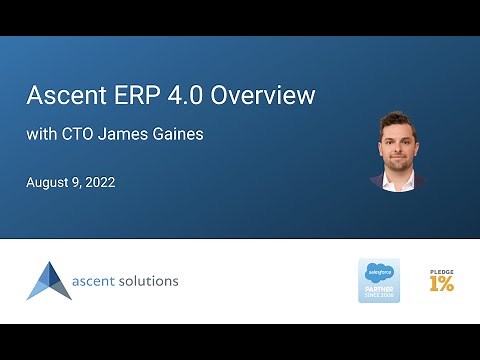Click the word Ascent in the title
(64, 96)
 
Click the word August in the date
(53, 184)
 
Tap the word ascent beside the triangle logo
(97, 281)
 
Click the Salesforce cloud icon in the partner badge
(379, 271)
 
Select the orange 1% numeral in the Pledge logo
(441, 284)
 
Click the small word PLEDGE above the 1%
(441, 270)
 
